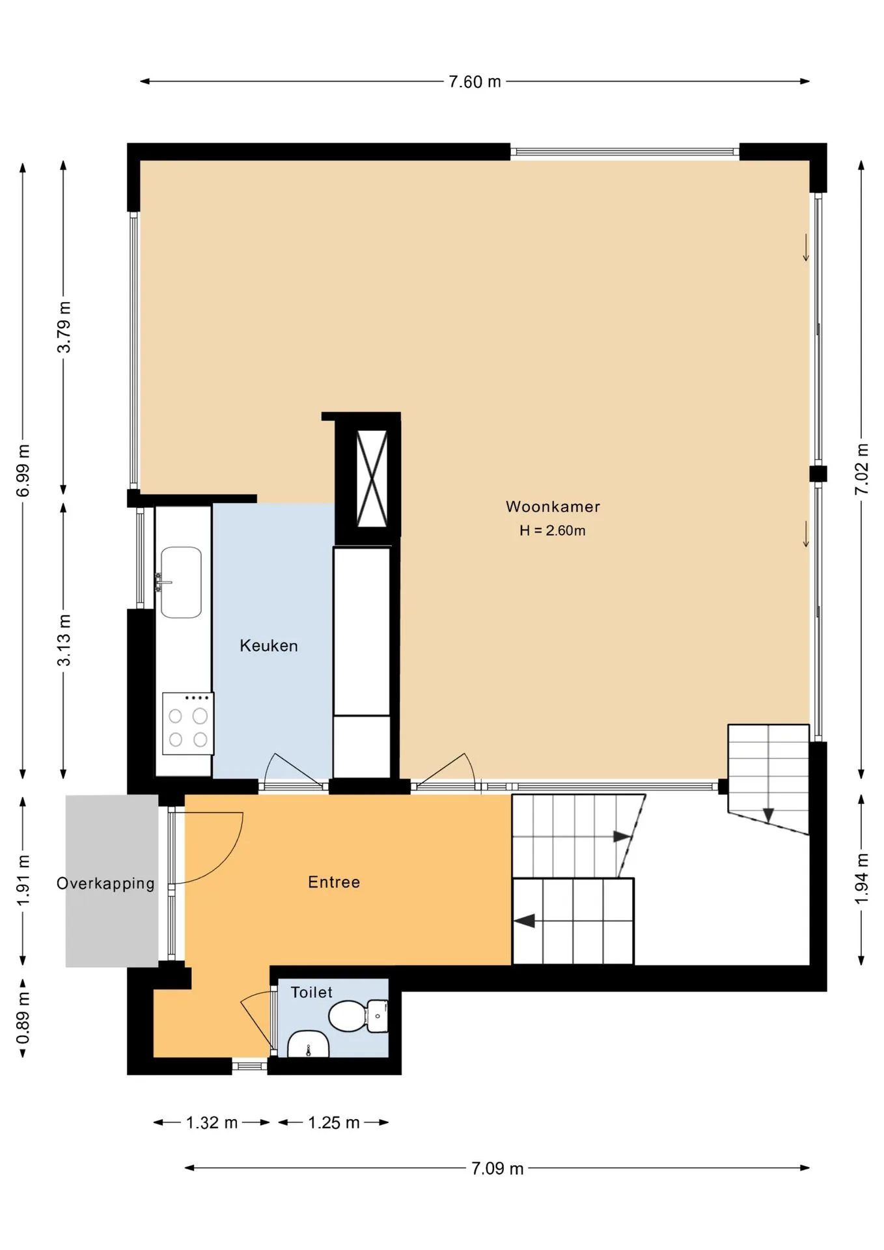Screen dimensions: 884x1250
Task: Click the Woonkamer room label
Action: coord(553,507)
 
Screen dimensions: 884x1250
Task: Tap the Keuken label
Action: coord(269,646)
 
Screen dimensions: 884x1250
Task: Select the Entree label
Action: coord(334,882)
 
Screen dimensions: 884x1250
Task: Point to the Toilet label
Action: coord(311,992)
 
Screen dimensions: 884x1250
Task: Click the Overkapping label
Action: coord(105,883)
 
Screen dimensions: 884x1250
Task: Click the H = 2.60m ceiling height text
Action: coord(553,531)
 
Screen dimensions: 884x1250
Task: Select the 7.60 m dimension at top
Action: coord(475,81)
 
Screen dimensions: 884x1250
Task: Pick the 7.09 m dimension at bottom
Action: coord(497,1168)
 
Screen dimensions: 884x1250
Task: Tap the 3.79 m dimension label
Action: coord(64,327)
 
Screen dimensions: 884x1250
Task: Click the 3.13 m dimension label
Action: coord(64,640)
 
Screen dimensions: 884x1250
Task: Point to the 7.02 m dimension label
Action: coord(862,469)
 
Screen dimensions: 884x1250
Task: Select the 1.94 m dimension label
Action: coord(862,878)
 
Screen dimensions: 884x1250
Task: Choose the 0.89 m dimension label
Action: coord(23,1018)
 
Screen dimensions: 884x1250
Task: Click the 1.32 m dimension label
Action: coord(212,1122)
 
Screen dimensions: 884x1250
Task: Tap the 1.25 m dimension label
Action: coord(333,1122)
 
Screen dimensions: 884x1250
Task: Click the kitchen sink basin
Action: coord(181,582)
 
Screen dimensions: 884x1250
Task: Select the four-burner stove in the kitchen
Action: coord(188,724)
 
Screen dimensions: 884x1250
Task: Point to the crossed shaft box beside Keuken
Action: coord(372,479)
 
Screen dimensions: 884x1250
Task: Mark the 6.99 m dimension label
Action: coord(23,471)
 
